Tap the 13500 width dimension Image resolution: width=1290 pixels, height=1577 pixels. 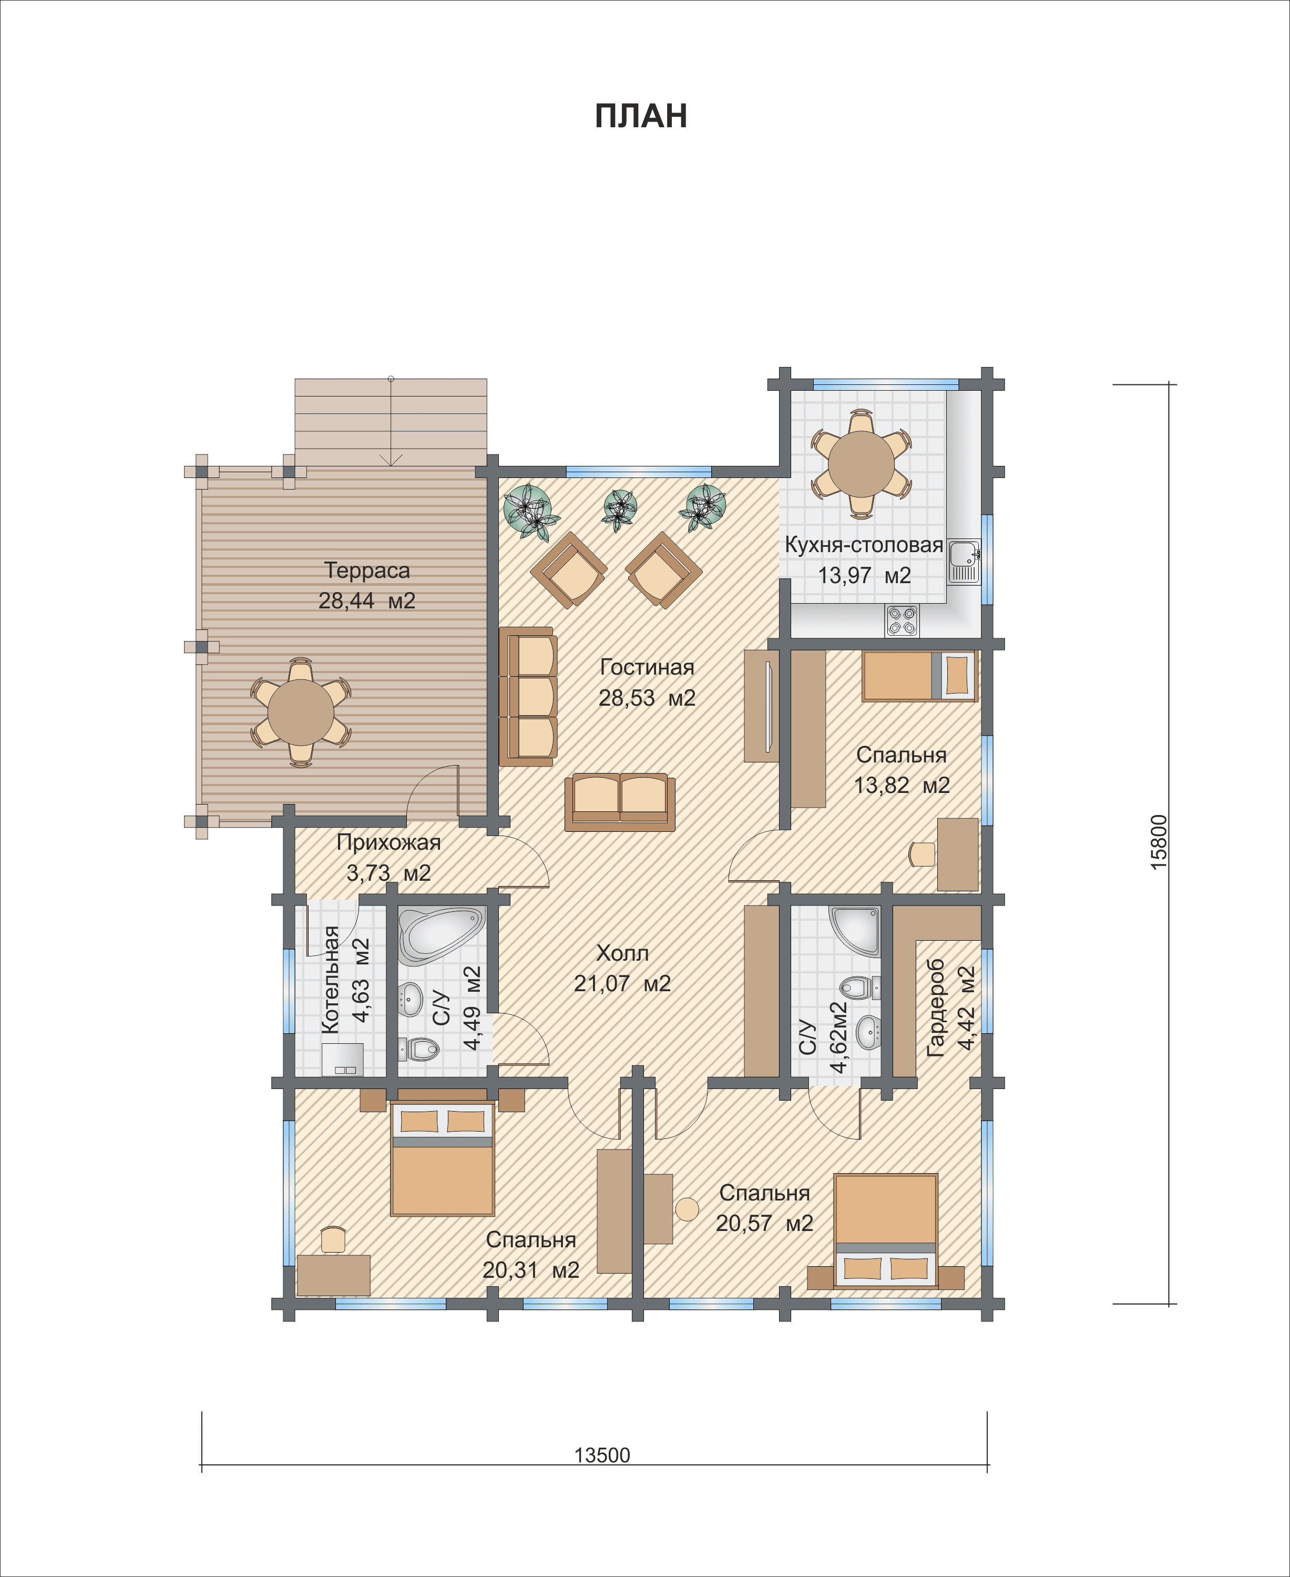tap(602, 1454)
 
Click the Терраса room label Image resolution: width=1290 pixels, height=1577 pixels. tap(367, 570)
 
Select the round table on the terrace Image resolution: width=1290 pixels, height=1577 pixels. tap(301, 712)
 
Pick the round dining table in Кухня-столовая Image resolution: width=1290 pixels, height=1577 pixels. tap(861, 464)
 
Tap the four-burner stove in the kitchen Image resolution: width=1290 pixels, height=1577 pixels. tap(902, 620)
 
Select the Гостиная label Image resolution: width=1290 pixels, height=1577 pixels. tap(647, 667)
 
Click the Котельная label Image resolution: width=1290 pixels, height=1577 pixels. tap(330, 980)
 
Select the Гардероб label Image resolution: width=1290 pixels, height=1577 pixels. tap(936, 1007)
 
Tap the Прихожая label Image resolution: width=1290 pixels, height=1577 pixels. tap(388, 842)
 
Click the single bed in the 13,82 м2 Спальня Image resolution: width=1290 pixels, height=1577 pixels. tap(919, 676)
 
